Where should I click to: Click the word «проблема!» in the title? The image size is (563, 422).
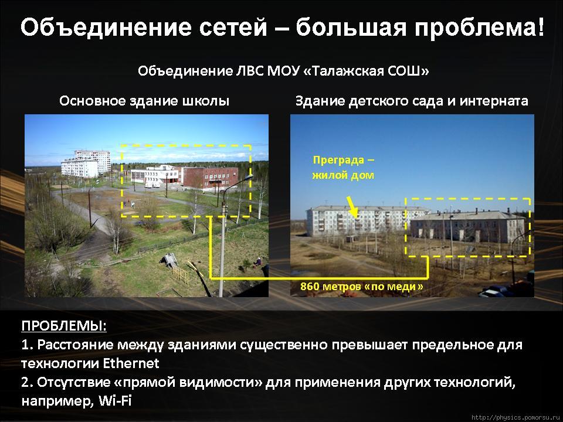point(480,28)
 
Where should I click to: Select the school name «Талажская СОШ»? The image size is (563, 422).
point(370,71)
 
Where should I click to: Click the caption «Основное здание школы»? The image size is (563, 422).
point(144,101)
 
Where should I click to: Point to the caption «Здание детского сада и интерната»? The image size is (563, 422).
point(412,101)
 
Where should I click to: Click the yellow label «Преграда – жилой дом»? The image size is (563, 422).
point(343,168)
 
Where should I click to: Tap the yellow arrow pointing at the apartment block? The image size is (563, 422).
point(352,207)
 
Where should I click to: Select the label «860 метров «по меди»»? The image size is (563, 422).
point(362,287)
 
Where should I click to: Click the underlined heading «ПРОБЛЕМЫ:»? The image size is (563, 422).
point(64,326)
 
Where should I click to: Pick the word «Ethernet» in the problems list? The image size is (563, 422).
point(131,363)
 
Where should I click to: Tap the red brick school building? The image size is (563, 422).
point(210,178)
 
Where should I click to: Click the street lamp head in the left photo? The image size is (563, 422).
point(247,177)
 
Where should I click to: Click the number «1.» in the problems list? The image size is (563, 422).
point(28,345)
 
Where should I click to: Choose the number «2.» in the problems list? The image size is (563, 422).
point(28,382)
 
